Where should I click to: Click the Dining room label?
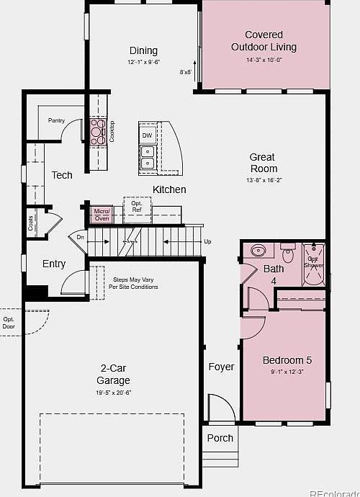[x=143, y=50]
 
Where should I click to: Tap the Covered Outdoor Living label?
[x=264, y=41]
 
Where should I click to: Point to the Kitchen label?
[x=169, y=189]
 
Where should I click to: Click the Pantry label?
[x=57, y=120]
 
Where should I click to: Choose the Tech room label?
[x=62, y=175]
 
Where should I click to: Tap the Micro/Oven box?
[x=102, y=214]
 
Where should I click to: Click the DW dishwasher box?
[x=147, y=135]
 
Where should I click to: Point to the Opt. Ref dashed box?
[x=137, y=206]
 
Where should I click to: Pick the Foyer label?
[x=221, y=367]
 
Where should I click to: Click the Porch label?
[x=220, y=438]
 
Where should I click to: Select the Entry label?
[x=54, y=264]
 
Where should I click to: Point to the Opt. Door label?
[x=9, y=322]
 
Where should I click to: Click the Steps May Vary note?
[x=133, y=283]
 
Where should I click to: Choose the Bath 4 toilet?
[x=287, y=254]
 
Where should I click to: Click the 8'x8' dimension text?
[x=186, y=72]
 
